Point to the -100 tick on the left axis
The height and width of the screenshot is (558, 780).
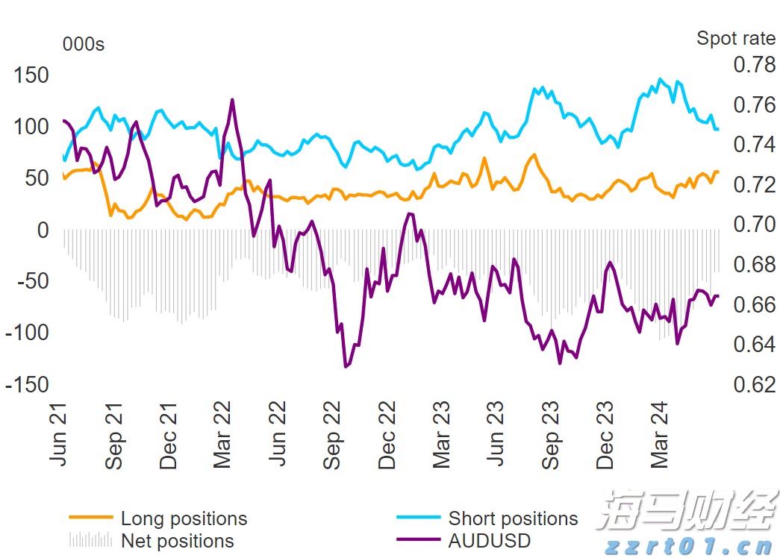[27, 333]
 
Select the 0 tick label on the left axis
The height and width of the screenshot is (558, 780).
[43, 230]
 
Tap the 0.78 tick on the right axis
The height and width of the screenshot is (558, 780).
[754, 65]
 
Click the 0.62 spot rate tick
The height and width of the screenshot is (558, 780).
[754, 385]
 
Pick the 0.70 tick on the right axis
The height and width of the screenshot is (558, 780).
[754, 225]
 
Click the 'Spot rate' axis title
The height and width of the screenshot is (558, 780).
[736, 38]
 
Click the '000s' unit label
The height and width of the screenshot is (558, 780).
[84, 45]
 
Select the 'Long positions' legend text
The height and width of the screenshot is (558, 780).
[184, 518]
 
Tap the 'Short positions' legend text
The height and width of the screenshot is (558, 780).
[513, 518]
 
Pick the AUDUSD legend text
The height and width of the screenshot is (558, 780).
[490, 541]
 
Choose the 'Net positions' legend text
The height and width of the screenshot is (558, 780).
[178, 541]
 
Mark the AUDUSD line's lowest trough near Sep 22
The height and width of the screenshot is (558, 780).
[346, 366]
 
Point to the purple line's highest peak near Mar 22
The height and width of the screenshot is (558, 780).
[232, 99]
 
